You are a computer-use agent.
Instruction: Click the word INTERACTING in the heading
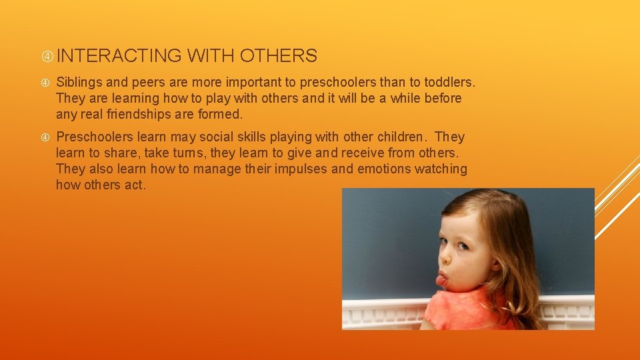pos(124,56)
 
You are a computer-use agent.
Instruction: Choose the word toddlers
pos(449,83)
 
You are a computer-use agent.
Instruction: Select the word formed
pos(221,114)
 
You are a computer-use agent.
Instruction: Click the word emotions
pos(384,169)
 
